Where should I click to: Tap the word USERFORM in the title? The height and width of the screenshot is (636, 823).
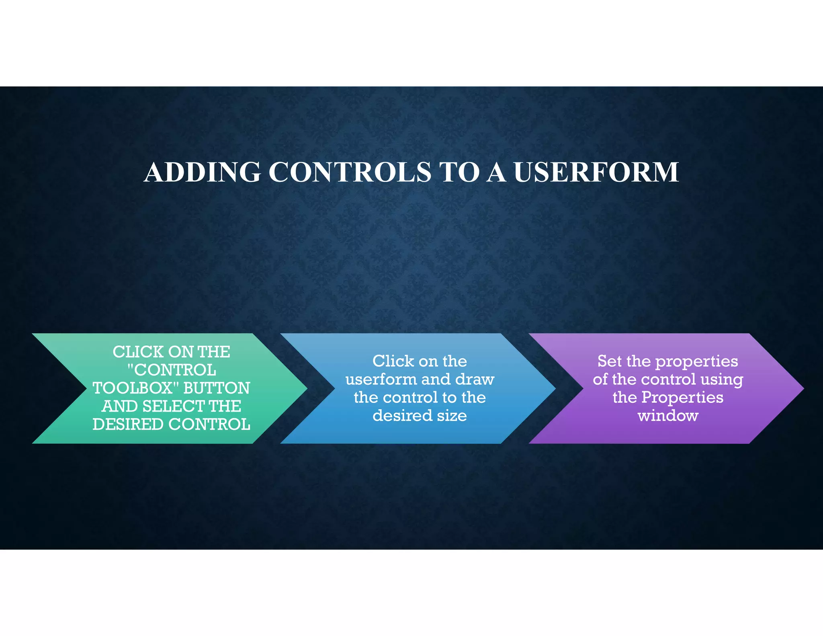[596, 172]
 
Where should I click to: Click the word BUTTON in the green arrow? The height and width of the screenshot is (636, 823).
[217, 388]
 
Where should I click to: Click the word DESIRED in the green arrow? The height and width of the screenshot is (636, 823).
[128, 425]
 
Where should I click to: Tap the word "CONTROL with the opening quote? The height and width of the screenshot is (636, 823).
[172, 370]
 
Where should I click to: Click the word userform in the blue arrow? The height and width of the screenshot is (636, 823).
[377, 380]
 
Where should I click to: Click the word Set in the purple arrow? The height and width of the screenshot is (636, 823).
[609, 361]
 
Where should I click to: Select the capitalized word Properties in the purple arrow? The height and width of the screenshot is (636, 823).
[682, 398]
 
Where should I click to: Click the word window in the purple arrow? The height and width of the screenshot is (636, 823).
[668, 416]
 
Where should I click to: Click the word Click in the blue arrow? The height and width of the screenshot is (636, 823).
[393, 361]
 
